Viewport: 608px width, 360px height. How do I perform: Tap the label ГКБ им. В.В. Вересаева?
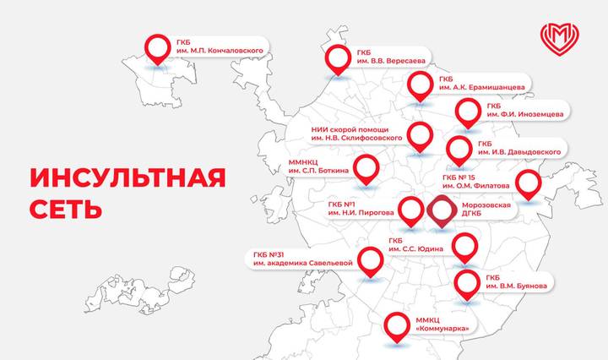(x=389, y=56)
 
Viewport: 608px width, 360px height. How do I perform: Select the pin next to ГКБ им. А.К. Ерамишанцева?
(x=420, y=85)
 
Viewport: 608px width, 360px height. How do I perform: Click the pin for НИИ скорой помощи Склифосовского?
(x=420, y=135)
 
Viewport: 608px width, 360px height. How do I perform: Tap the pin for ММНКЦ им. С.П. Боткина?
(x=366, y=167)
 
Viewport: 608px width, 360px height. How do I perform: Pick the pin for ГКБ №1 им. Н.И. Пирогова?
(x=411, y=210)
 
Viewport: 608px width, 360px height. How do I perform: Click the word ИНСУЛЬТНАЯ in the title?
(x=128, y=179)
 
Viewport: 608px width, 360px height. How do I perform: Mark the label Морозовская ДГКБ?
(x=487, y=210)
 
